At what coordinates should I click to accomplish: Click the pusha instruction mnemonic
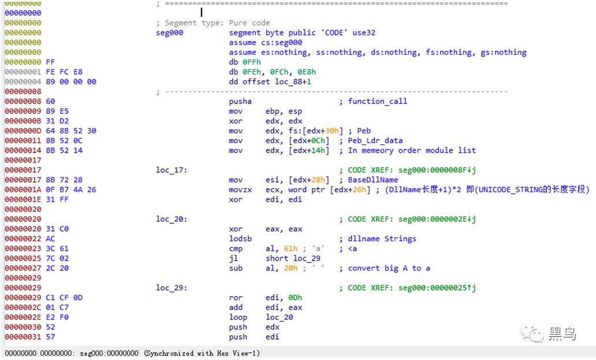point(240,101)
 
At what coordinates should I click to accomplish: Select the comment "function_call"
point(377,101)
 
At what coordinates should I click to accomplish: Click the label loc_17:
point(172,170)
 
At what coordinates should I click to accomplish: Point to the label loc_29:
point(172,288)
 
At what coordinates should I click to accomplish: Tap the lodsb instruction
point(240,239)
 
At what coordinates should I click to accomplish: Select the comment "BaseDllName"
point(372,180)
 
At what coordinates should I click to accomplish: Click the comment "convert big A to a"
point(389,268)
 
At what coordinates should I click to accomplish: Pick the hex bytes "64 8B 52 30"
point(75,131)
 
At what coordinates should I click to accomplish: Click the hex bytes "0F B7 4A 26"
point(75,190)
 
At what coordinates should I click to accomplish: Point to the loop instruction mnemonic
point(238,317)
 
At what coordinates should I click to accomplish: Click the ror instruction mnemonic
point(236,298)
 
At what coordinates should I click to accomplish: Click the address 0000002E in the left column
point(23,317)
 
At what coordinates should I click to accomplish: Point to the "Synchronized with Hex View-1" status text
point(202,353)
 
